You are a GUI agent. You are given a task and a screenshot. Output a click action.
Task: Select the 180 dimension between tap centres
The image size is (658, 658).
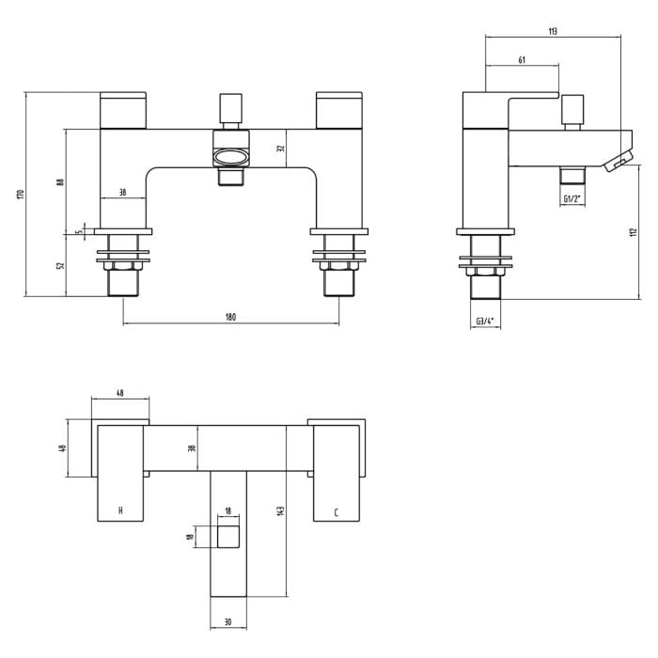click(x=231, y=317)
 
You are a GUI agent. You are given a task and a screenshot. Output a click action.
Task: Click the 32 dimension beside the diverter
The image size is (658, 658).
click(x=280, y=149)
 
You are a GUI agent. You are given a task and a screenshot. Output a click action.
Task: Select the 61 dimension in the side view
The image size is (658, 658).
click(x=522, y=60)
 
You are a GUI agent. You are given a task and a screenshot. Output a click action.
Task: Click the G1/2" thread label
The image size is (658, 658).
click(x=572, y=199)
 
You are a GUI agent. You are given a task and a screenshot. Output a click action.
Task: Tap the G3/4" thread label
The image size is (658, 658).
click(x=485, y=321)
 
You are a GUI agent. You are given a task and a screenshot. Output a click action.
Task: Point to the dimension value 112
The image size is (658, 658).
click(x=633, y=233)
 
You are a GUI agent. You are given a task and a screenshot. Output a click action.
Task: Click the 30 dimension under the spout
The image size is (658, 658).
click(x=228, y=622)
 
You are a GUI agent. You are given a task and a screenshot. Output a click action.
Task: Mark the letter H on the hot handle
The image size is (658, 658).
click(x=119, y=511)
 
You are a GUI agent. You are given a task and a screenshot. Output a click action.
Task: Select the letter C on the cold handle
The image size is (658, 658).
click(x=336, y=512)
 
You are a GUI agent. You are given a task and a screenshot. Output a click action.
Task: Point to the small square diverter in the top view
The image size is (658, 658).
click(x=228, y=537)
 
